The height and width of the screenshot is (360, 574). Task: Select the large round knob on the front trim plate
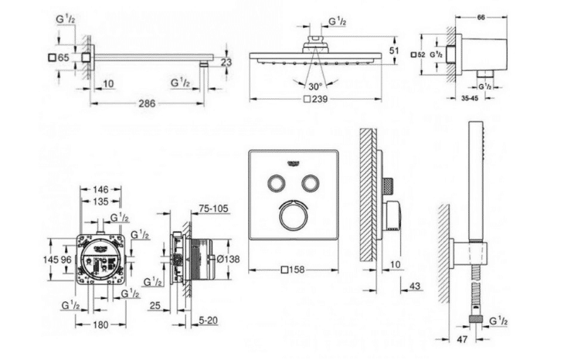pyautogui.click(x=293, y=216)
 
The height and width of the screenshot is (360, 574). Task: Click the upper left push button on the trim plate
pyautogui.click(x=275, y=182)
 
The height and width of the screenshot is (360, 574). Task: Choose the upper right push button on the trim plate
pyautogui.click(x=311, y=182)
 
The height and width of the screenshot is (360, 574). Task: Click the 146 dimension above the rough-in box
pyautogui.click(x=101, y=188)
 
